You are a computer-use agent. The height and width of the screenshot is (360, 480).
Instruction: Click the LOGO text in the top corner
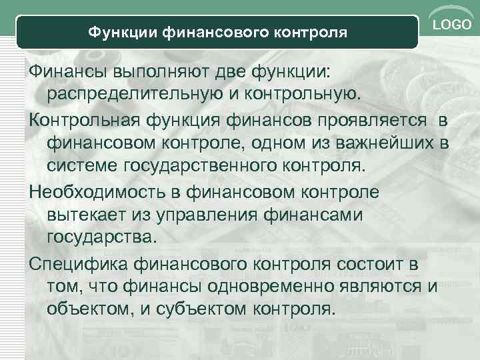pyautogui.click(x=453, y=25)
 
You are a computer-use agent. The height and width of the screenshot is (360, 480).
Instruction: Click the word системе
pyautogui.click(x=82, y=165)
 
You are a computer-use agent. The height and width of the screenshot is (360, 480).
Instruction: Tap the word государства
pyautogui.click(x=100, y=237)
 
